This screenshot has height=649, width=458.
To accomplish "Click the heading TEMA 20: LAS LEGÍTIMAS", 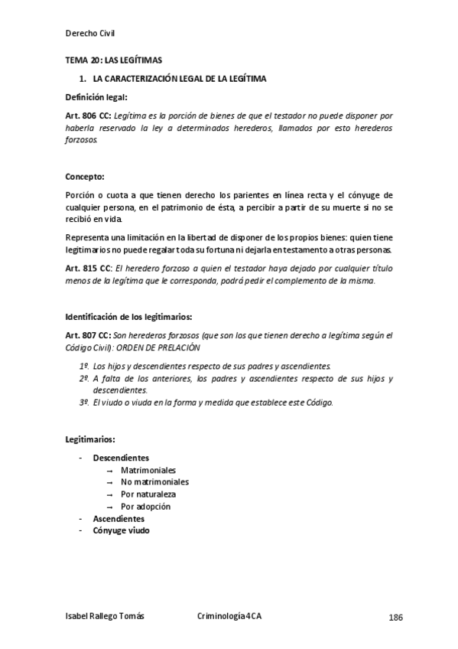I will tap(113, 60).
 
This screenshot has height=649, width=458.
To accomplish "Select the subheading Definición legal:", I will tap(96, 97).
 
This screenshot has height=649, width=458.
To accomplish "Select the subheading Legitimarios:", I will tap(90, 439).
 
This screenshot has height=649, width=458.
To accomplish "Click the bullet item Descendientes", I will tap(121, 458).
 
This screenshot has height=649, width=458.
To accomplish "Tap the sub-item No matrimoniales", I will tap(154, 482).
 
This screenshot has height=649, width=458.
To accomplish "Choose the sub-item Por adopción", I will tap(145, 507).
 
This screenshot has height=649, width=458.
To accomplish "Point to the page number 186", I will tap(396, 618).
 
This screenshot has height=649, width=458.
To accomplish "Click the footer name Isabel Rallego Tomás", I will tap(105, 618).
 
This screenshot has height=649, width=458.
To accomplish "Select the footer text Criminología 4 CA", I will tap(233, 618).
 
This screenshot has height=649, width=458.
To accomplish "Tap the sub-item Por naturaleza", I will tap(148, 494).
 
